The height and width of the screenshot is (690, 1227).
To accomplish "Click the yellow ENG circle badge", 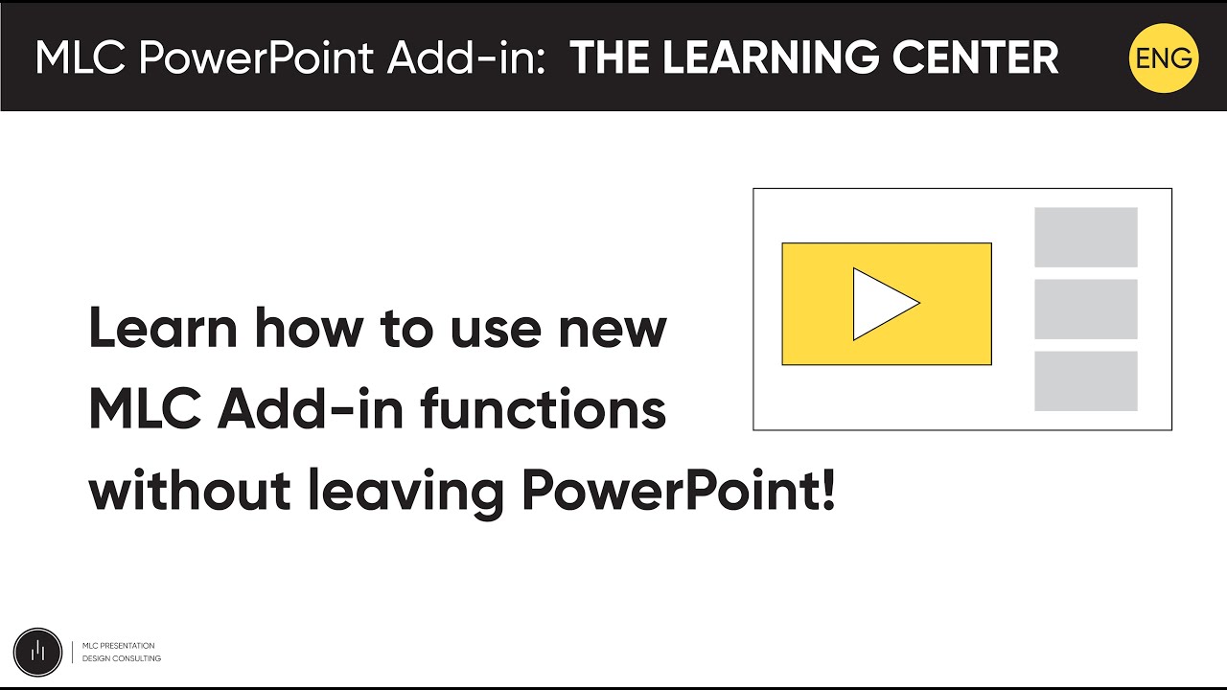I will point(1164,58).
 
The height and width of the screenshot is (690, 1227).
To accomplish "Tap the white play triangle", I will point(880,304).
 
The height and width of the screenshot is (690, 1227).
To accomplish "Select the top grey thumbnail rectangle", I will point(1086,237).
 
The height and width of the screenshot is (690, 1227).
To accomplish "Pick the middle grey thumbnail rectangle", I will point(1086,309).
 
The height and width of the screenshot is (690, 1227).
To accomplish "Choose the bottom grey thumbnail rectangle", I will point(1086,380).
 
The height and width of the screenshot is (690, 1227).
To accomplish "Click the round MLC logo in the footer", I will point(37,652).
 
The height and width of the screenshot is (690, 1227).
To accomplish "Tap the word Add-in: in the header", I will point(467,58).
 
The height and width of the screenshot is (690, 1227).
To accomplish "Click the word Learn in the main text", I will point(163,329).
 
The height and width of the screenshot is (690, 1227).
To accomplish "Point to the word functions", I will point(543,411).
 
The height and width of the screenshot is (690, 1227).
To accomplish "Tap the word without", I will point(190,493).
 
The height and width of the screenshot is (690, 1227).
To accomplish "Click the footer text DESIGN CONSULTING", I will point(122,658).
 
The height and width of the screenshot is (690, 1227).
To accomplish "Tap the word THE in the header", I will point(608,58).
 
